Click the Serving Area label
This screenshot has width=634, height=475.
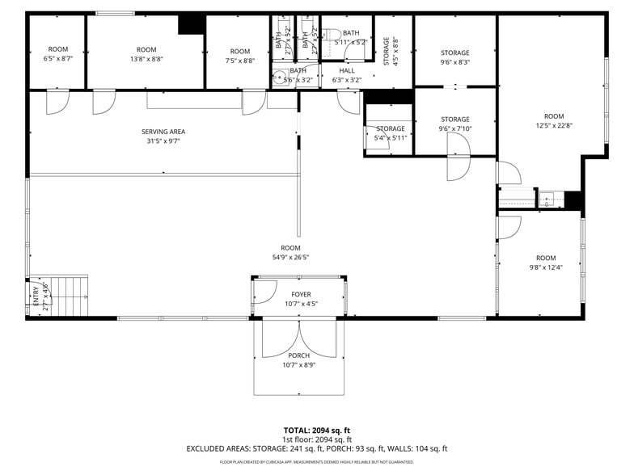coord(163,132)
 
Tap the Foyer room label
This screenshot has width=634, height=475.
coord(301,295)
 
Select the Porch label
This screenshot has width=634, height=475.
coord(298,355)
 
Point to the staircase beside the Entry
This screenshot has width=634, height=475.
coord(71,296)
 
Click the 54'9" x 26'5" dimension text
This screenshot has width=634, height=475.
coord(290,258)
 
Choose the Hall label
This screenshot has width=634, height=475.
coord(346,70)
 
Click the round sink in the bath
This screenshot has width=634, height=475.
coord(278,78)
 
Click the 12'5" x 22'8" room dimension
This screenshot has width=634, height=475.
coord(553,125)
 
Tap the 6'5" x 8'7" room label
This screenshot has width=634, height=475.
coord(57,54)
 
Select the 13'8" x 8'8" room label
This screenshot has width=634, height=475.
coord(146,54)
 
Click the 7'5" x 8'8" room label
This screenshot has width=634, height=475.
coord(239,56)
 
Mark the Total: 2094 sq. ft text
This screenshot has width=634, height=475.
coord(316,430)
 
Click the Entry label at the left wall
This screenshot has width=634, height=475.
coord(36,297)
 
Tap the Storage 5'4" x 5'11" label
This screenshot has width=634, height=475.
coord(390,133)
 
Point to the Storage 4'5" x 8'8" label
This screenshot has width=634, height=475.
coord(391,51)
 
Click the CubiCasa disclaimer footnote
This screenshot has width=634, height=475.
coord(316,462)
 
